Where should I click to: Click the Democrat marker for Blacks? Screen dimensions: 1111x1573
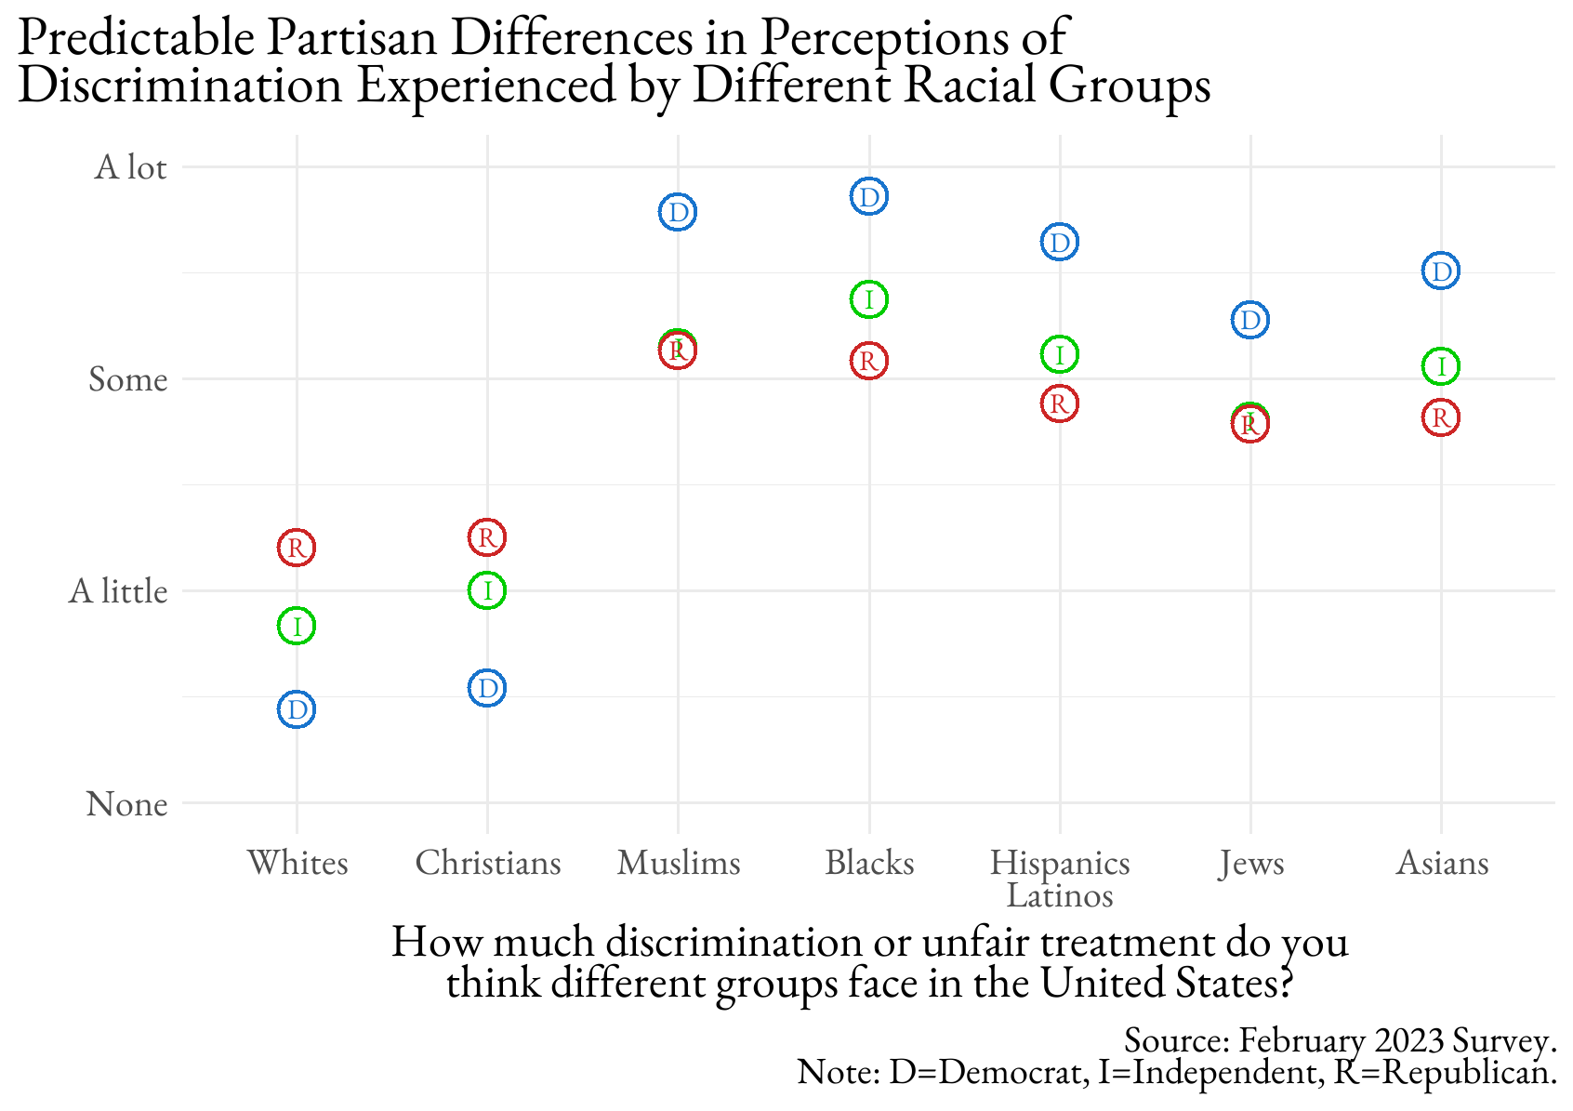tap(869, 197)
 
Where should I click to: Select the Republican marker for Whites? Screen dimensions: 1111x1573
tap(297, 548)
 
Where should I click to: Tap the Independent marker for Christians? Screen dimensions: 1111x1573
tap(487, 589)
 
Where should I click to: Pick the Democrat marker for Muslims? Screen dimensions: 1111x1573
tap(679, 213)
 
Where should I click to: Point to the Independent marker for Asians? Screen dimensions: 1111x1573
tap(1441, 366)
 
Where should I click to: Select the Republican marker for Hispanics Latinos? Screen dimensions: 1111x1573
tap(1059, 403)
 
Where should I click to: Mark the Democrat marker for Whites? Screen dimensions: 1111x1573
tap(297, 710)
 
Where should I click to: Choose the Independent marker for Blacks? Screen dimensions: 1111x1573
tap(869, 299)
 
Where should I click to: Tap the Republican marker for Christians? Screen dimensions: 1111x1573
tap(487, 536)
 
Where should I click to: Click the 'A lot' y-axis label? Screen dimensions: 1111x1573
tap(130, 168)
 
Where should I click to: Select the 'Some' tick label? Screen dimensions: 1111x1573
tap(128, 379)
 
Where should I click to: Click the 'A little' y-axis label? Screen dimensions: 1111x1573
tap(118, 591)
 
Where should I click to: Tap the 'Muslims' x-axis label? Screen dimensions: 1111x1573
tap(679, 864)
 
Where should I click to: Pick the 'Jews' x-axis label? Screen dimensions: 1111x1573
tap(1251, 864)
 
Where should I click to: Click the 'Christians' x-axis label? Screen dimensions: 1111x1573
tap(488, 864)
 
